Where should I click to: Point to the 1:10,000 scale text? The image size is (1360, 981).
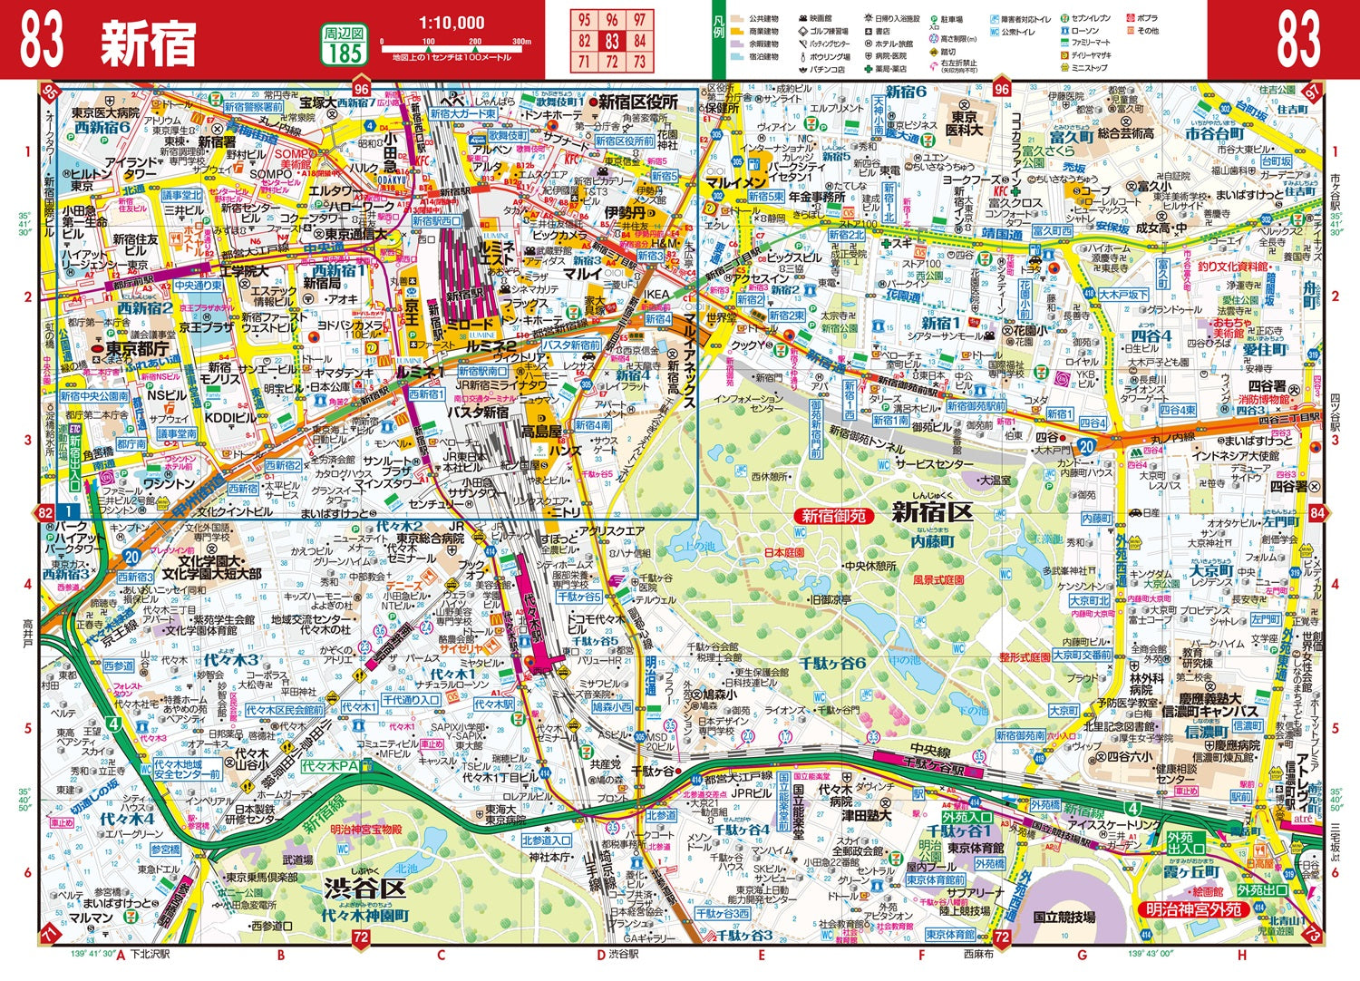tap(451, 23)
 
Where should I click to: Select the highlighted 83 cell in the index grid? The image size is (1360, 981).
tap(612, 41)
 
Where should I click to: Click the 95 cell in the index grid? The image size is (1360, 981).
tap(584, 20)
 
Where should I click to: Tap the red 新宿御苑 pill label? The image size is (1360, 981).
tap(833, 516)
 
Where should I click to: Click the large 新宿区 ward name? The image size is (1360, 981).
tap(932, 512)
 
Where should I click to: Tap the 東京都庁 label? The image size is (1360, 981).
tap(136, 348)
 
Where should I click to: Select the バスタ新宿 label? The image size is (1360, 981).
tap(478, 412)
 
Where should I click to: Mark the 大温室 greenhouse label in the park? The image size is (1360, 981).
tap(995, 479)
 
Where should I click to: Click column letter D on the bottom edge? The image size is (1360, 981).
tap(600, 955)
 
